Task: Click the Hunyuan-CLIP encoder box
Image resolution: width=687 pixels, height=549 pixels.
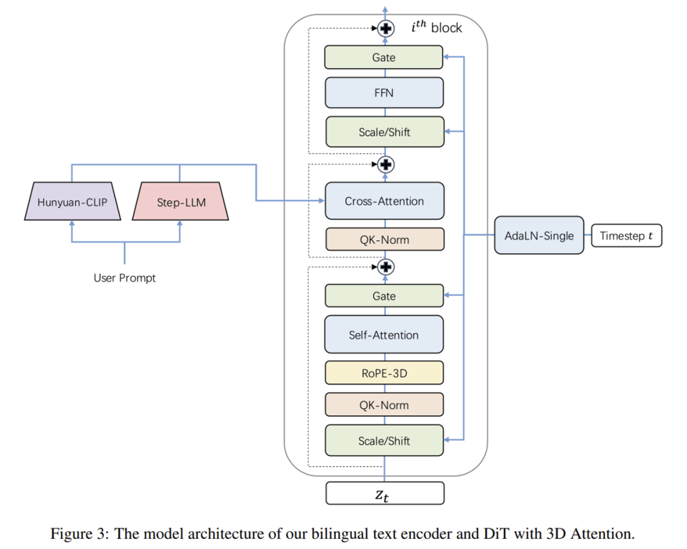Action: (x=72, y=202)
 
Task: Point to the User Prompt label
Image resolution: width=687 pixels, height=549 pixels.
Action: (x=124, y=277)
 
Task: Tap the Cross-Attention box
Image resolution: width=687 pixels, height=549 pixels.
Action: (x=384, y=202)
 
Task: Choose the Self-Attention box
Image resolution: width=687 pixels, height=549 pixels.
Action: (x=384, y=335)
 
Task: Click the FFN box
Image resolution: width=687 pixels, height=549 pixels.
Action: (x=384, y=93)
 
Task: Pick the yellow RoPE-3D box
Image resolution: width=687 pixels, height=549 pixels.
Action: (x=384, y=372)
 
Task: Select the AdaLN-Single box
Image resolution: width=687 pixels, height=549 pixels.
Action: (x=539, y=235)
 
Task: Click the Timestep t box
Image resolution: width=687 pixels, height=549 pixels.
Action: (x=626, y=235)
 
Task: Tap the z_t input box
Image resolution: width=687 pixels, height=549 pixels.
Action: (x=384, y=493)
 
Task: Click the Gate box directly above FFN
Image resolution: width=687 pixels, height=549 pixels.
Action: (x=384, y=57)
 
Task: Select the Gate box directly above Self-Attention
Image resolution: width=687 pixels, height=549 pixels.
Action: (x=384, y=296)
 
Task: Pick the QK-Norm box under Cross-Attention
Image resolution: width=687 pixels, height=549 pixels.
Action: (x=384, y=239)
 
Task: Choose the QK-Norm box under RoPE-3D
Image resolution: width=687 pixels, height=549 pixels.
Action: (x=384, y=405)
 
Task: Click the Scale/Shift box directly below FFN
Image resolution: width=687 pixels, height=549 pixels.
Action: (x=384, y=132)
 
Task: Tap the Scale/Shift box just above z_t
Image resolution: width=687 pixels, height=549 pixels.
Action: (x=384, y=440)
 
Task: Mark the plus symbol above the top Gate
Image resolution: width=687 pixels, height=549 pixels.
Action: (x=386, y=29)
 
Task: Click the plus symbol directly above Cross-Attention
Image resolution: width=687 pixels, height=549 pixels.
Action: (x=386, y=164)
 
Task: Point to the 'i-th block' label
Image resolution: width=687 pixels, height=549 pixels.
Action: (x=436, y=28)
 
